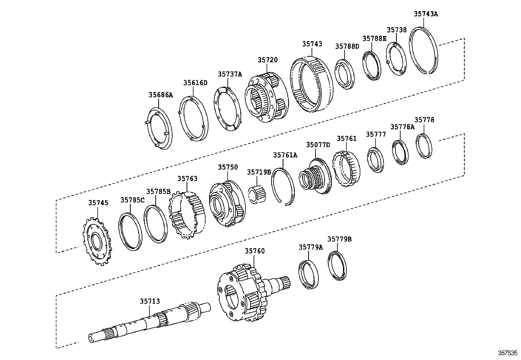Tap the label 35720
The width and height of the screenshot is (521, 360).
pos(267,60)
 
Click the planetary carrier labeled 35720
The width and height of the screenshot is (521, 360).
pos(265,98)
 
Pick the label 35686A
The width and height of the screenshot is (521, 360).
pos(160,95)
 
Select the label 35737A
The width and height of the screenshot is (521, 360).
pos(230,74)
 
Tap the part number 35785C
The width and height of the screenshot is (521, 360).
pos(132,200)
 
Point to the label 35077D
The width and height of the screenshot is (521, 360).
pos(318,145)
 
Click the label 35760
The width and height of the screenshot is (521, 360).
pos(255,251)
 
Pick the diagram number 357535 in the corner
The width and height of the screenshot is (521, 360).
pos(508,353)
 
